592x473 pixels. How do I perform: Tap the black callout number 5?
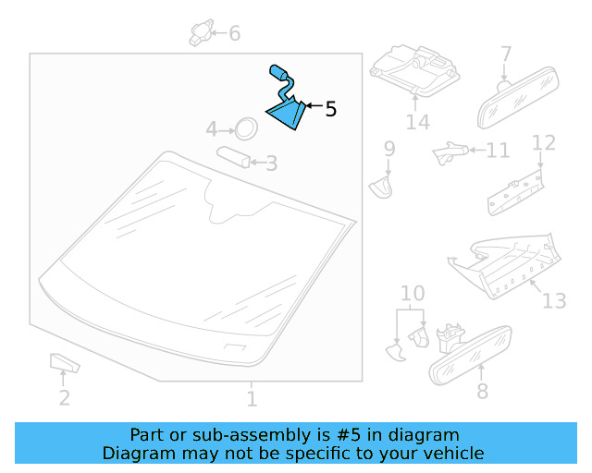pyautogui.click(x=331, y=109)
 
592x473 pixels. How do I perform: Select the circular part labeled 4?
pyautogui.click(x=246, y=128)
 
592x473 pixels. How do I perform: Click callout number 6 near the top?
pyautogui.click(x=234, y=33)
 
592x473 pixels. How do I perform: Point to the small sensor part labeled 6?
pyautogui.click(x=202, y=32)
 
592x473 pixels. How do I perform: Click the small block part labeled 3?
pyautogui.click(x=233, y=157)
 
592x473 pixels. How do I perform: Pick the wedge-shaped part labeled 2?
pyautogui.click(x=64, y=363)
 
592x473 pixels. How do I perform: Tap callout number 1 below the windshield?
pyautogui.click(x=252, y=399)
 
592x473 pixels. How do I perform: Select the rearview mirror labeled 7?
pyautogui.click(x=518, y=98)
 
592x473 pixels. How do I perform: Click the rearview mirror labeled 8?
pyautogui.click(x=471, y=356)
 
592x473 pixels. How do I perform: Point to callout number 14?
pyautogui.click(x=417, y=122)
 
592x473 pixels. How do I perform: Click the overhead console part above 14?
pyautogui.click(x=414, y=70)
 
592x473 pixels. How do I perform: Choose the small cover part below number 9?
pyautogui.click(x=381, y=188)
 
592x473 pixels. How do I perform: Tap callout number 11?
pyautogui.click(x=498, y=151)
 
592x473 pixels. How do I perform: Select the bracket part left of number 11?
pyautogui.click(x=450, y=152)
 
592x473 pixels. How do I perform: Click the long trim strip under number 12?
pyautogui.click(x=516, y=193)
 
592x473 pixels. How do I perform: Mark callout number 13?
pyautogui.click(x=554, y=300)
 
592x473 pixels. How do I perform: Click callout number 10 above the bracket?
pyautogui.click(x=413, y=293)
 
